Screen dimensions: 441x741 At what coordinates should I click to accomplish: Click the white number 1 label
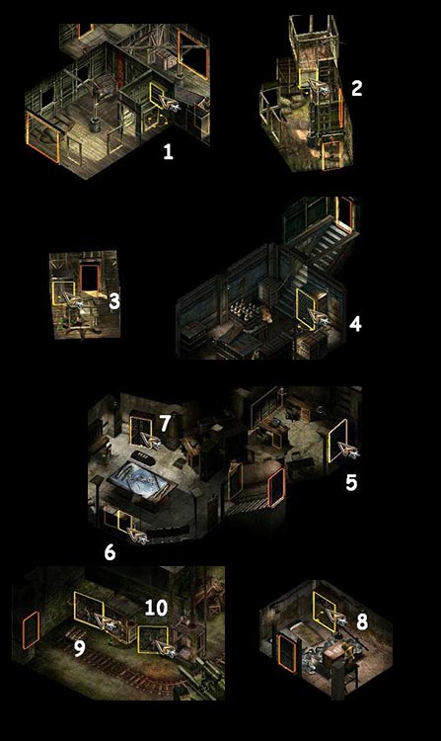pos(168,152)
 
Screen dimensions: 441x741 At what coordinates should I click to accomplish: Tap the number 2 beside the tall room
pos(356,88)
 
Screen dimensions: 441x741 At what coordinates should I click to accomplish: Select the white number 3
pos(114,301)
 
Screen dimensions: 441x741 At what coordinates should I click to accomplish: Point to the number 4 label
pos(355,324)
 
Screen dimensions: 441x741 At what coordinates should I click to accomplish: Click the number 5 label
pos(351,482)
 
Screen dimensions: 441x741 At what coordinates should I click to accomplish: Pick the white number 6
pos(110,552)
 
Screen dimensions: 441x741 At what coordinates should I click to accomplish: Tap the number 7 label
pos(164,424)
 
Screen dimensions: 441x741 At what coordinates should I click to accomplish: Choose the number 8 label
pos(362,621)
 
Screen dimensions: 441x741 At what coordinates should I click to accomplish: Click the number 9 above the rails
pos(80,649)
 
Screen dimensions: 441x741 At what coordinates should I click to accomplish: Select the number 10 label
pos(156,608)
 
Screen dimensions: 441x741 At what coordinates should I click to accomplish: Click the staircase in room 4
pos(326,251)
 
